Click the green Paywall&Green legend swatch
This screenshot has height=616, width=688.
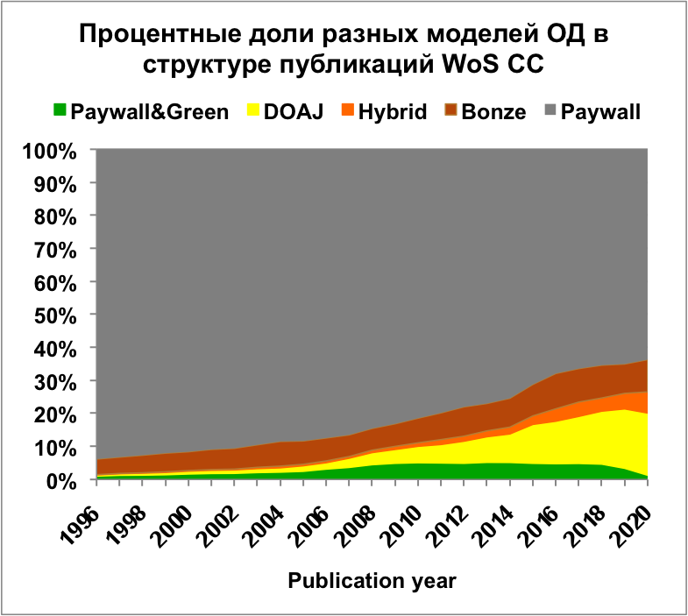(60, 111)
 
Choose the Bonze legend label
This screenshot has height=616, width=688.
(496, 111)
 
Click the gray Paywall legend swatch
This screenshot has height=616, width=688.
(550, 111)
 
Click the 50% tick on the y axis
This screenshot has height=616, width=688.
(60, 315)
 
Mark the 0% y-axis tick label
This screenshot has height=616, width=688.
(65, 480)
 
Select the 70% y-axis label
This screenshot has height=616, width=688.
(60, 249)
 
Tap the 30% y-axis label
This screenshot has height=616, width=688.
(60, 381)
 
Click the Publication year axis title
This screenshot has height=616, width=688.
(373, 581)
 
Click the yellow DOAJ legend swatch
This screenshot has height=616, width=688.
(254, 111)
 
